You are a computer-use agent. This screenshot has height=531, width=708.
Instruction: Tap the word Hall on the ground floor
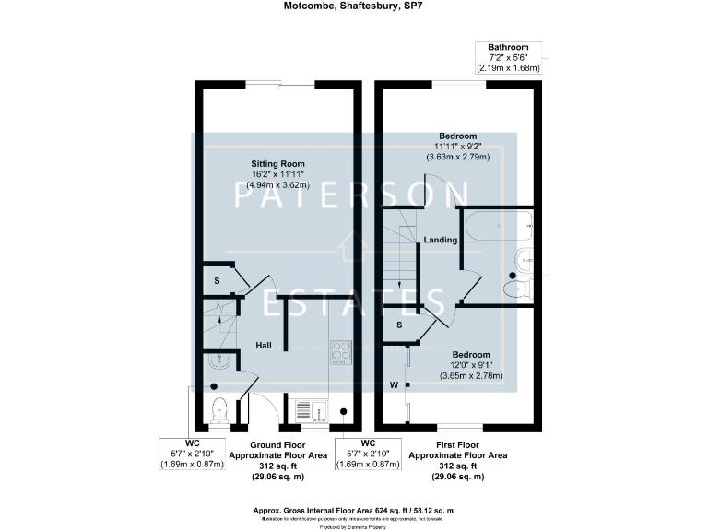[x=264, y=345]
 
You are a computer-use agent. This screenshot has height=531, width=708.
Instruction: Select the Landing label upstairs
[x=440, y=241]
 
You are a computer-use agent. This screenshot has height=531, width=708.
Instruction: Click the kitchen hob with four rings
[x=342, y=350]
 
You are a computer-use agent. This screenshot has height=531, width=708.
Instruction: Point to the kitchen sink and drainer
[x=308, y=407]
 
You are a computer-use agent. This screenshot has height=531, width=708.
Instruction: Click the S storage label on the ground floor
[x=218, y=280]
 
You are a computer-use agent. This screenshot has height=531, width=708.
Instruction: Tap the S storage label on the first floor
[x=399, y=324]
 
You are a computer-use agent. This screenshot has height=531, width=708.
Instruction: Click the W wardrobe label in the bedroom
[x=394, y=384]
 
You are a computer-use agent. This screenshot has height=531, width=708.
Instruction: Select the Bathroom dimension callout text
[x=508, y=57]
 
